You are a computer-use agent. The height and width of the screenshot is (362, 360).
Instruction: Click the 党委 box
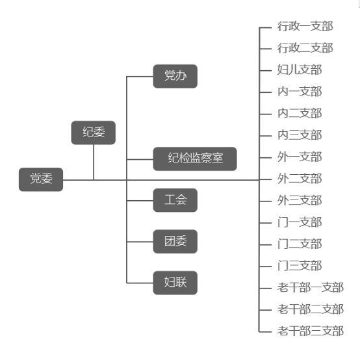point(41,179)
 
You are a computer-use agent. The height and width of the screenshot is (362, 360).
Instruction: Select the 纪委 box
point(93,133)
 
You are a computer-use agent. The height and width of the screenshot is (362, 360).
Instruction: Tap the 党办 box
point(175,76)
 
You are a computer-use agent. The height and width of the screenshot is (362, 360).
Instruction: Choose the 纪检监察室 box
point(195,159)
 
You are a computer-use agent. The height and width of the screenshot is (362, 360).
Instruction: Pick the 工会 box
point(175,200)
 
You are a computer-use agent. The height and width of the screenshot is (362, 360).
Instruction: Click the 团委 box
point(175,242)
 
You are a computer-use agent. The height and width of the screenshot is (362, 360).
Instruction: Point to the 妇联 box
point(175,283)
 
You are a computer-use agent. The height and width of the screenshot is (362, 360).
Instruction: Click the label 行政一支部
point(305,26)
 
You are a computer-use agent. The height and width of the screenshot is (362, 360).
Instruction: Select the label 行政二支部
point(305,48)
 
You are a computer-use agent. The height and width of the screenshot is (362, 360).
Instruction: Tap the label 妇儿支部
point(300,70)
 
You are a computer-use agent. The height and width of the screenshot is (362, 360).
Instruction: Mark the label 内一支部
point(300,92)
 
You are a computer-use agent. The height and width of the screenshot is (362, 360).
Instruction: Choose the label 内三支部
point(300,135)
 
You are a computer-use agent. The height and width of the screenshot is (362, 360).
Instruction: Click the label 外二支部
point(300,179)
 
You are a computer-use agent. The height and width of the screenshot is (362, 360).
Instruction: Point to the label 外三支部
point(300,200)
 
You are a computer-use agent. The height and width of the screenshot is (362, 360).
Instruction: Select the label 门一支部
point(300,222)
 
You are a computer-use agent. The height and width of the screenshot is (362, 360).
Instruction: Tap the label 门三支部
point(300,266)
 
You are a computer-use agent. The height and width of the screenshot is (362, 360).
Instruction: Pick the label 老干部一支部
point(311,287)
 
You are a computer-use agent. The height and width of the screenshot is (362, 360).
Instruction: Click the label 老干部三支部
point(311,331)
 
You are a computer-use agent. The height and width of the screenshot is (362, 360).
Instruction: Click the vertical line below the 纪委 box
point(94,162)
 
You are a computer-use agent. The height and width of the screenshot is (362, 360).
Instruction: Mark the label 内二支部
point(300,113)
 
